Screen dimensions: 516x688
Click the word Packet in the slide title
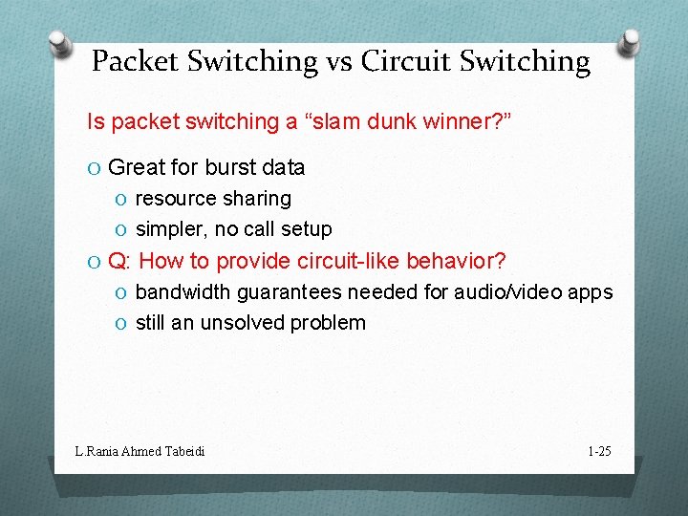(135, 61)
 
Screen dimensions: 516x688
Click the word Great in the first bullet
(138, 168)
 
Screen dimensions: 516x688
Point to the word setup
(307, 229)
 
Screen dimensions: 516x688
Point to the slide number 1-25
(599, 450)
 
